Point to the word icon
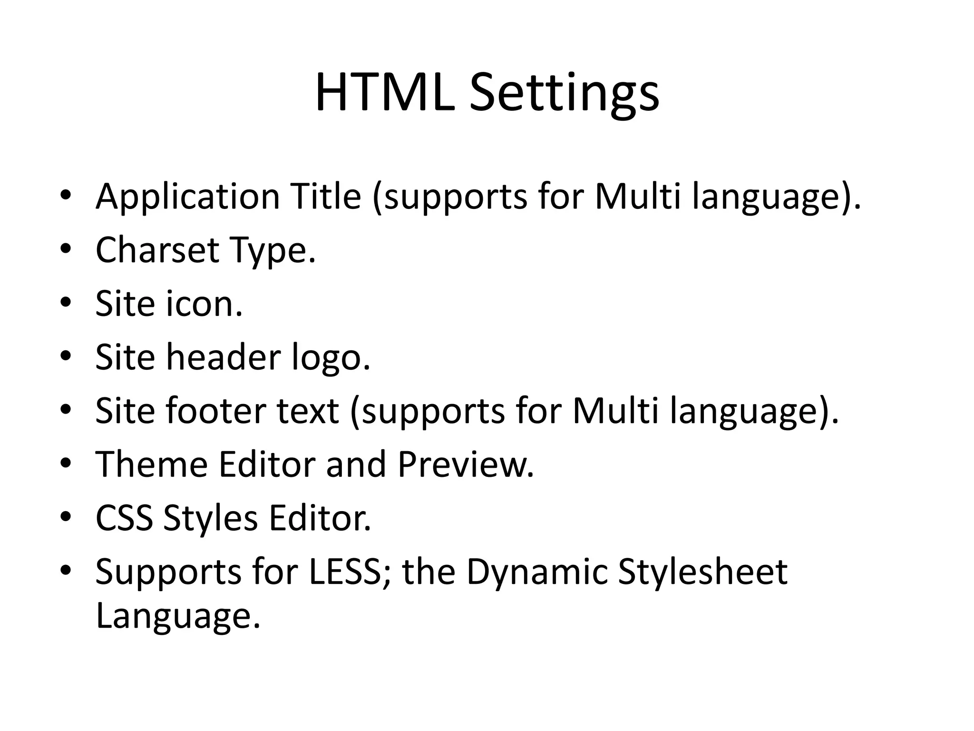point(204,304)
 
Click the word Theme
point(152,464)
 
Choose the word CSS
point(124,518)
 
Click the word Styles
point(211,519)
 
